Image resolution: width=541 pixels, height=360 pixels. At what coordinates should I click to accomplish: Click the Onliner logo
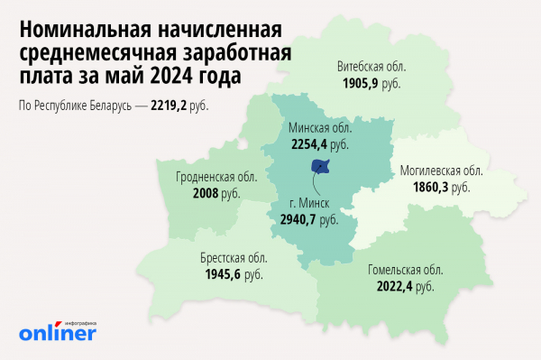pyautogui.click(x=58, y=333)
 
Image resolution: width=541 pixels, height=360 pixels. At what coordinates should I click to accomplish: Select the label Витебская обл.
pyautogui.click(x=371, y=67)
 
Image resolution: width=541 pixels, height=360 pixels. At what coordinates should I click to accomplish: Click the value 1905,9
pyautogui.click(x=361, y=82)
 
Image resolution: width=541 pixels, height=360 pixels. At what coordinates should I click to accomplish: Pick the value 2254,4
pyautogui.click(x=308, y=143)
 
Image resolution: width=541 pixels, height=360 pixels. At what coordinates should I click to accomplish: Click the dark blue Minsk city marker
pyautogui.click(x=320, y=166)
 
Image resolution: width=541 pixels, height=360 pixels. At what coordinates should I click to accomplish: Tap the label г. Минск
pyautogui.click(x=313, y=203)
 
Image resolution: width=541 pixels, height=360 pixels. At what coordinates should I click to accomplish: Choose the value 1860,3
pyautogui.click(x=432, y=187)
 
